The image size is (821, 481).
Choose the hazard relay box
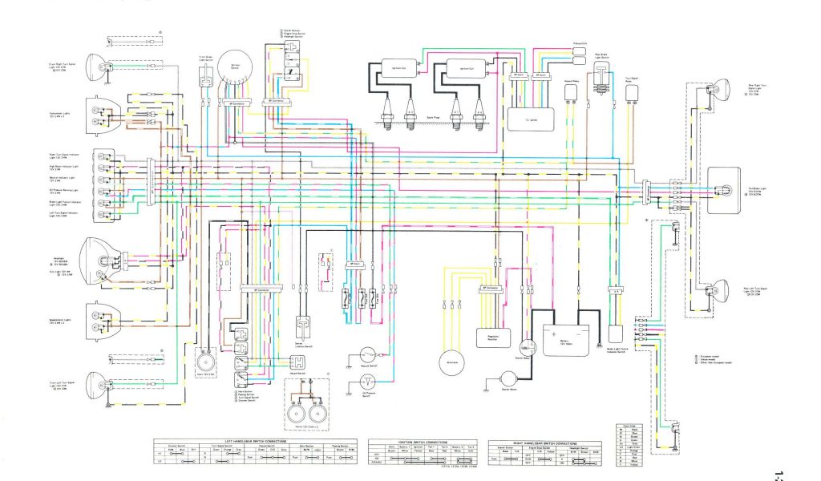(x=572, y=92)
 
